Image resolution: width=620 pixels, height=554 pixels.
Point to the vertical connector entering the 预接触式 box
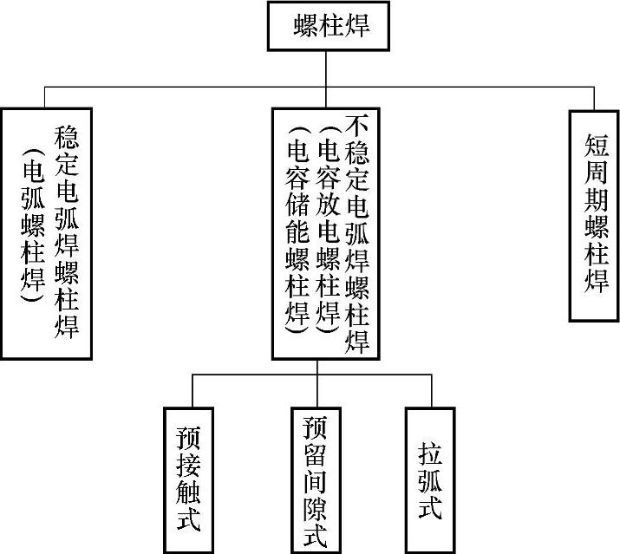(192, 390)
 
